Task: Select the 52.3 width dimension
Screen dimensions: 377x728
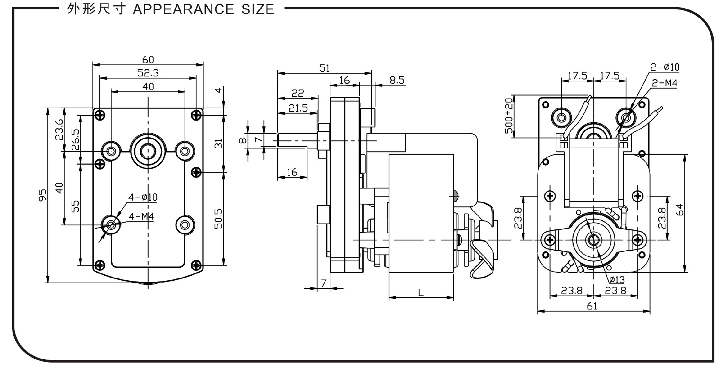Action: (x=148, y=73)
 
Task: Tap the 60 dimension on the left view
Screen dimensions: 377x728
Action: (x=148, y=60)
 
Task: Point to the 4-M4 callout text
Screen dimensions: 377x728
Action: (x=141, y=217)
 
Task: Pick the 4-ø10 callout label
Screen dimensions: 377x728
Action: (x=143, y=197)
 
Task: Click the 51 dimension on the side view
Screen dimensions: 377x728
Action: (x=325, y=68)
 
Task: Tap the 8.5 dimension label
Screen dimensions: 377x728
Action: (x=397, y=80)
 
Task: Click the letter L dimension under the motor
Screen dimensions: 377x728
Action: (x=420, y=293)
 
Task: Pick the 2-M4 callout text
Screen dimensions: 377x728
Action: (x=664, y=83)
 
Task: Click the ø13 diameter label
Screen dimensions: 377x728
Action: (x=617, y=280)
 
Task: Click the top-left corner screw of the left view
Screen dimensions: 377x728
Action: (x=100, y=115)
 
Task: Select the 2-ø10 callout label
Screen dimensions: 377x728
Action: (x=665, y=68)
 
